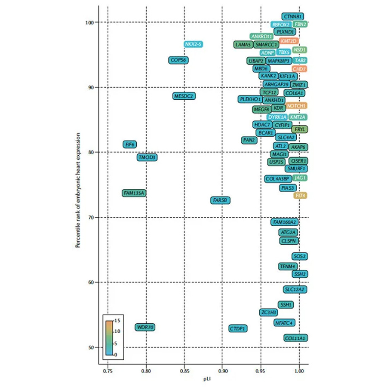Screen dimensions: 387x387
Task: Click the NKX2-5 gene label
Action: point(193,44)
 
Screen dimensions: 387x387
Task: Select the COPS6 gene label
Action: point(178,60)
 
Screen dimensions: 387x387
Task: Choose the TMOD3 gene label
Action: point(147,158)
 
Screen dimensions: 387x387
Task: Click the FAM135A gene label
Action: point(134,193)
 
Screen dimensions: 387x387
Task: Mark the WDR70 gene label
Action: point(145,327)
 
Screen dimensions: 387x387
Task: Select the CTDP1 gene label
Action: point(238,329)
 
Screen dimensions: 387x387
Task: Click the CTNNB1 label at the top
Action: point(293,16)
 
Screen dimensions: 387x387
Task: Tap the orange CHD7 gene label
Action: point(299,69)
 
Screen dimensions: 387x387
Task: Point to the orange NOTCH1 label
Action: point(296,105)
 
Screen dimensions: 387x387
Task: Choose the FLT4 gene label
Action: point(300,196)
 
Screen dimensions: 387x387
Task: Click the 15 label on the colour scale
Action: point(118,321)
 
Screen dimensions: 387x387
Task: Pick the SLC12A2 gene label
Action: point(295,289)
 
